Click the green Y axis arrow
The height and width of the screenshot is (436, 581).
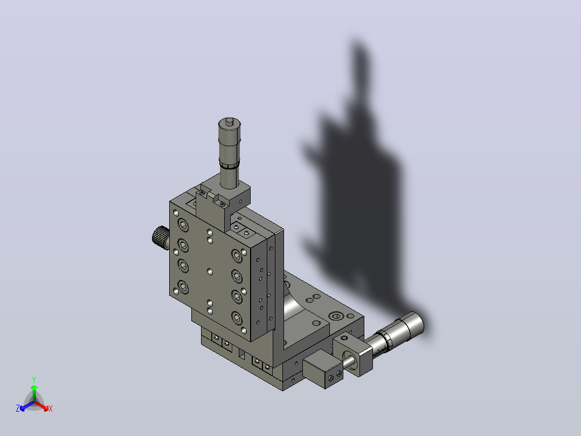34,393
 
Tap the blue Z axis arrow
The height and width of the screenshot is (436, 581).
26,406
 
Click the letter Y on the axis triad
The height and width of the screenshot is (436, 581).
34,379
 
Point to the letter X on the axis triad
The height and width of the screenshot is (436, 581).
51,409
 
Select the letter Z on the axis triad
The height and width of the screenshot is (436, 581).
17,408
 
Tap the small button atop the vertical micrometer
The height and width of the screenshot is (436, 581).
230,120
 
